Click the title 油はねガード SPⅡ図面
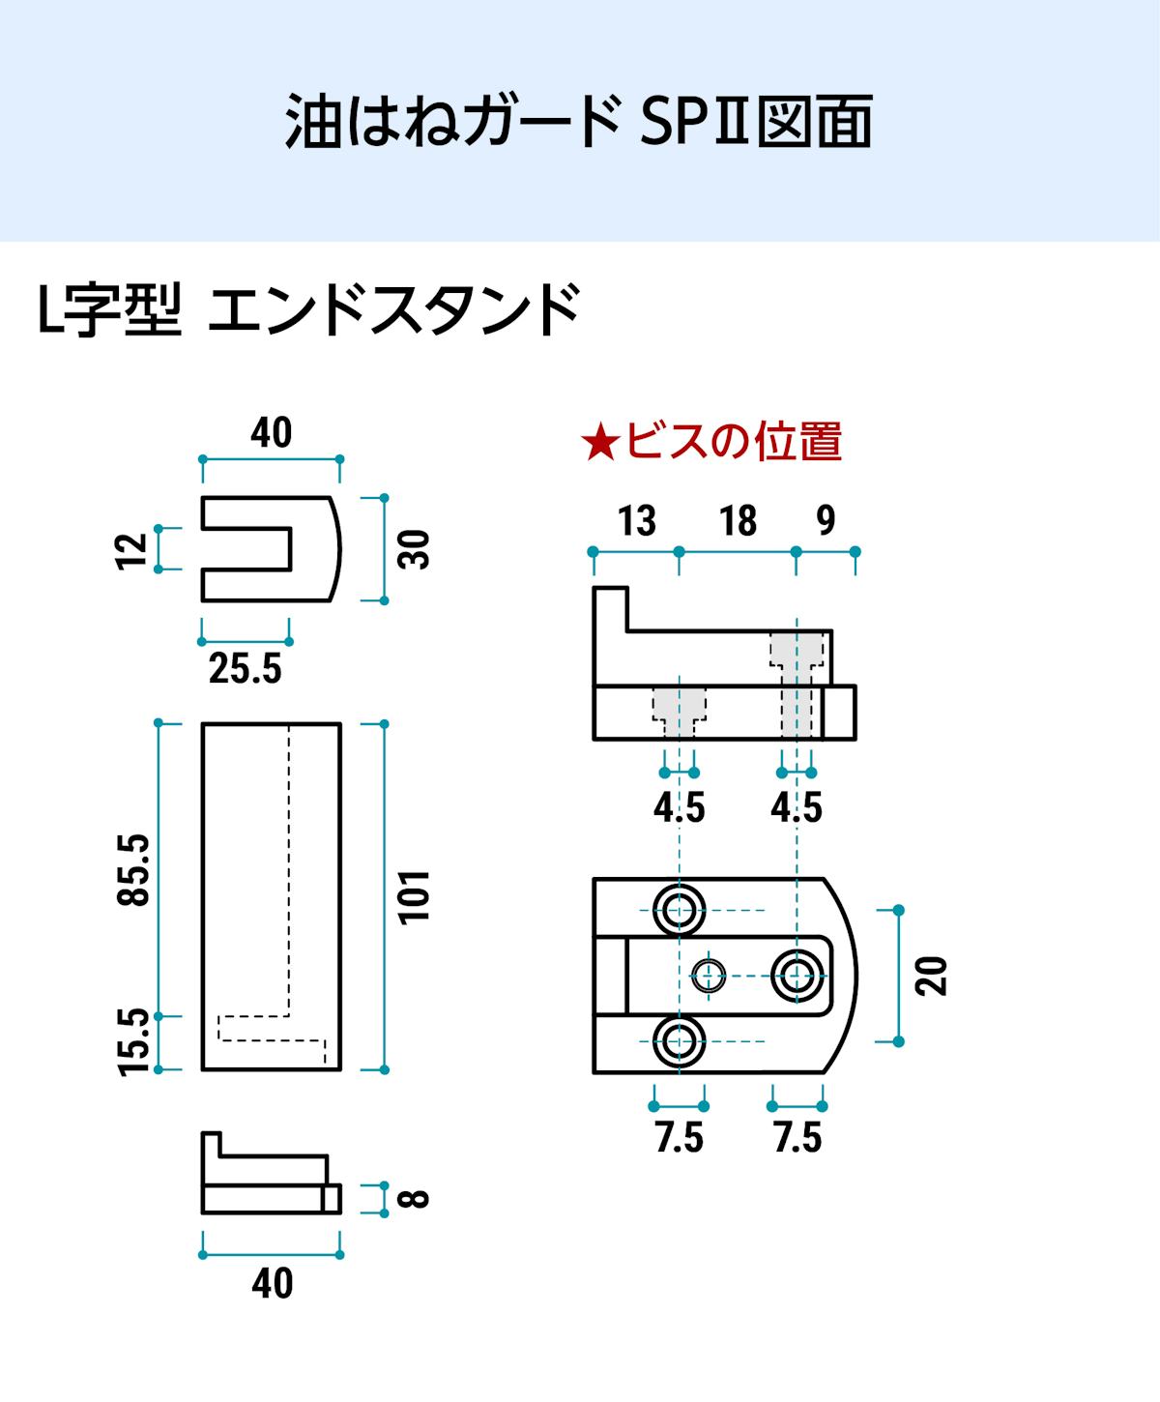point(579,121)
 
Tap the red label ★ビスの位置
point(711,441)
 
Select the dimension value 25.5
point(246,668)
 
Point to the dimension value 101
point(414,896)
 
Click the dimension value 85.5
point(134,869)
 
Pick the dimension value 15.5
point(134,1041)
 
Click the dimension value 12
point(132,549)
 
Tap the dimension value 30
point(414,549)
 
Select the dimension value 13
point(636,521)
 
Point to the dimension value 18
point(738,521)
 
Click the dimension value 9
point(826,520)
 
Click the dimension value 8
point(414,1199)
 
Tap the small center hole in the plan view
point(709,975)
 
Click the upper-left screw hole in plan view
point(680,909)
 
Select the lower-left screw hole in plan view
point(680,1041)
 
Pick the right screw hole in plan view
point(797,975)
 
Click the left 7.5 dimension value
point(680,1138)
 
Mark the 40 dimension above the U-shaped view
point(272,433)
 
